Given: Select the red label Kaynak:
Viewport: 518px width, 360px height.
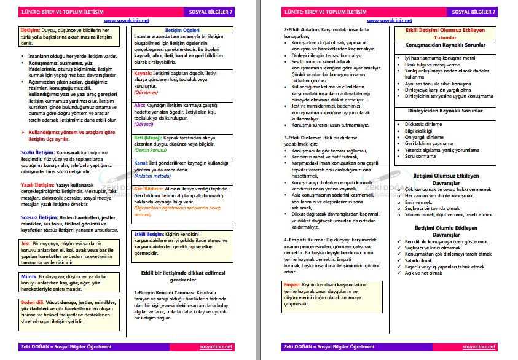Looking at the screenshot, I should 144,72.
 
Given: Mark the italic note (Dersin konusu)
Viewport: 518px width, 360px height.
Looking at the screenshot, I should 152,150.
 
